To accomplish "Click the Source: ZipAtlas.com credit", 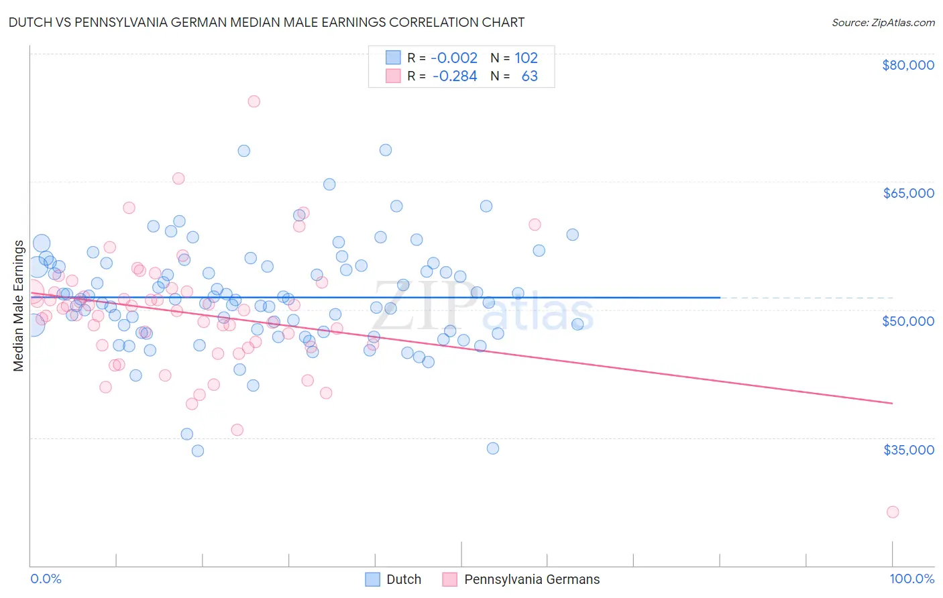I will tap(883, 22).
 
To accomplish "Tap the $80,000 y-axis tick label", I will tap(907, 65).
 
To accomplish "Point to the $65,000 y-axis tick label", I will tap(907, 193).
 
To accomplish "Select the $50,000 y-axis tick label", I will tap(907, 321).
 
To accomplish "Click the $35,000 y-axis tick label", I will tap(907, 449).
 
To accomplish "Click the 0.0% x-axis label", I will tap(46, 579).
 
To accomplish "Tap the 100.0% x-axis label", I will tap(911, 579).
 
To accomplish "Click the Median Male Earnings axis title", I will tap(19, 305).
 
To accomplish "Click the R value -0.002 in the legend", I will tap(454, 58).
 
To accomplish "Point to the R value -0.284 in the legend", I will tap(454, 76).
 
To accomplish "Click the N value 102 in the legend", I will tap(526, 58).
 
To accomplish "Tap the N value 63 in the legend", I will tap(529, 76).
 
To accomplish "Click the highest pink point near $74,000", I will tap(254, 101).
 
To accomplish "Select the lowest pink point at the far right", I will tap(893, 512).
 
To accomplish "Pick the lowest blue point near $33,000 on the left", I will tap(198, 451).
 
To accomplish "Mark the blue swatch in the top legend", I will tap(393, 58).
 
